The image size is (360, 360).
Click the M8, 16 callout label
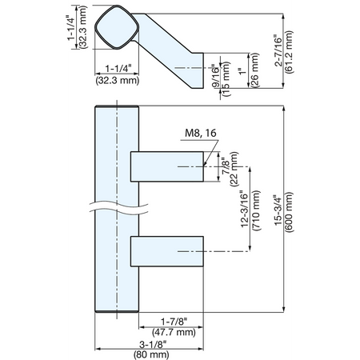[x=201, y=133]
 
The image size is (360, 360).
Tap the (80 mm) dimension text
[x=151, y=354]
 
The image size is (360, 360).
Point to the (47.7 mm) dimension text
[x=174, y=332]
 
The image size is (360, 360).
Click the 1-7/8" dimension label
[x=174, y=322]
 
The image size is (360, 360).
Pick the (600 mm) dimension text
[x=289, y=212]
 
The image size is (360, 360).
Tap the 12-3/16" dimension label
[x=245, y=209]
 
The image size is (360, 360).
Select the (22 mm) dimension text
[x=234, y=169]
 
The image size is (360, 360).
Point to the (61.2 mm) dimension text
[x=289, y=52]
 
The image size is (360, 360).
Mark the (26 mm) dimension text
[x=255, y=70]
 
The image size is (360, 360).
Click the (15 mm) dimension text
[x=226, y=79]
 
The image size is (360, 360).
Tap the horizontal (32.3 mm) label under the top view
[x=118, y=80]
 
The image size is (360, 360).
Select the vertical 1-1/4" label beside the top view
[x=71, y=27]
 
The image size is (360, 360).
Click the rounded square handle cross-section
[x=117, y=27]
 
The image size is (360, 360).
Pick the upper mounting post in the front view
[x=167, y=166]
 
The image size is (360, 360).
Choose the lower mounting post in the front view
[x=167, y=251]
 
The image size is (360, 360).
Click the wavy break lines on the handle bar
[x=118, y=207]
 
